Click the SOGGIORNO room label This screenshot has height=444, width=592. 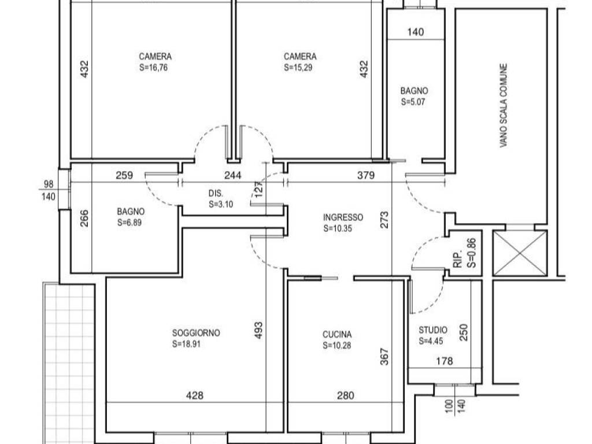click(x=196, y=333)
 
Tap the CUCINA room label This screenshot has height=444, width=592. click(x=337, y=335)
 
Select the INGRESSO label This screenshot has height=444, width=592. click(x=343, y=217)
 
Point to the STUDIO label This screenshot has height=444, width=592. click(x=432, y=330)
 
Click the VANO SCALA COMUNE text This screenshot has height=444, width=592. click(x=504, y=105)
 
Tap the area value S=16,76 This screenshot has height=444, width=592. click(x=153, y=68)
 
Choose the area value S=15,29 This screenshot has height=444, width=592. click(x=298, y=68)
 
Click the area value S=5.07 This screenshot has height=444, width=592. click(x=413, y=102)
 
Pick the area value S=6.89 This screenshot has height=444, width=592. click(x=129, y=223)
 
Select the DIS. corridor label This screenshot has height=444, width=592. click(x=216, y=193)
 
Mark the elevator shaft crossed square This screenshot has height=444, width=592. click(x=520, y=253)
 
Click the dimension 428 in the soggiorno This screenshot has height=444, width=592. click(x=195, y=395)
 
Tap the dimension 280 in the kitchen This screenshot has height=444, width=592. click(x=346, y=395)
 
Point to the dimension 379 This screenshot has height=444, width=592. click(x=366, y=175)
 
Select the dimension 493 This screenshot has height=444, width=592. click(x=258, y=330)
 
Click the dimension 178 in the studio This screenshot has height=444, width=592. click(x=445, y=361)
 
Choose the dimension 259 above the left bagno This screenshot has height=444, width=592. click(x=124, y=175)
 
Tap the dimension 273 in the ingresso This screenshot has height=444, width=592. click(x=384, y=220)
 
